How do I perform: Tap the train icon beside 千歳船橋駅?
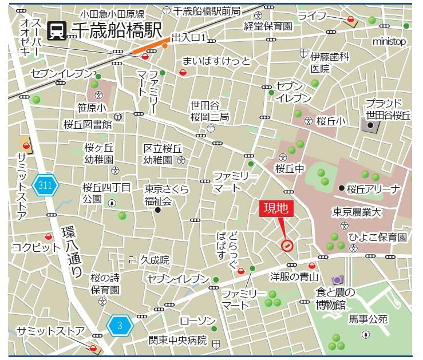tap(57, 30)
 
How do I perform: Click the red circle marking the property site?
tap(287, 246)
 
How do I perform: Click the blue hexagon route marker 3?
tap(120, 326)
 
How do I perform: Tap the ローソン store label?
tap(197, 321)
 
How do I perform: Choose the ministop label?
tap(389, 42)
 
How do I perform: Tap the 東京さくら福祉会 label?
tap(166, 195)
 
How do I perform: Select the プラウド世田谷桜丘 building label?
tap(389, 109)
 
